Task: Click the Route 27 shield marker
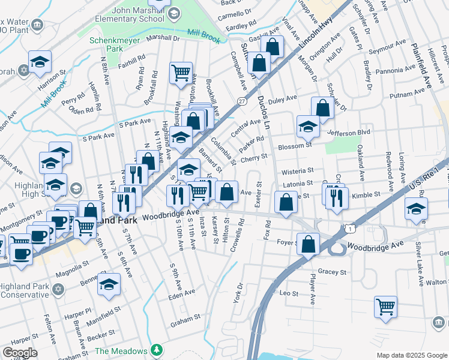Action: click(x=241, y=102)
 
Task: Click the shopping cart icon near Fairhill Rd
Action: click(x=181, y=73)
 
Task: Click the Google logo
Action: click(x=20, y=353)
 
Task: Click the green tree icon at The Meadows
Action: click(x=157, y=349)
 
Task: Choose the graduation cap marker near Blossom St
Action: click(x=308, y=126)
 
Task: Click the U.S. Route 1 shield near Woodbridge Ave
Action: click(x=349, y=227)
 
